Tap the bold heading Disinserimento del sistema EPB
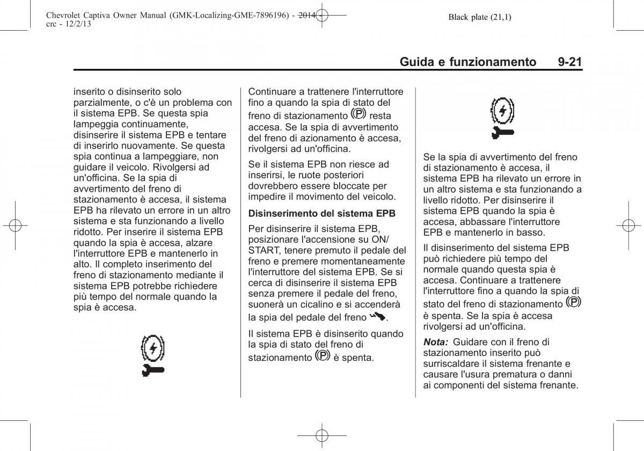[x=322, y=213]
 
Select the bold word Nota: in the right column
[x=436, y=342]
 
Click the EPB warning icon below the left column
[x=153, y=355]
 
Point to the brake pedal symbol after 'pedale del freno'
[x=377, y=317]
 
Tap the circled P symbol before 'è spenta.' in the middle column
[x=323, y=355]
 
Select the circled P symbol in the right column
[x=573, y=302]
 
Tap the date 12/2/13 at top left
[x=69, y=25]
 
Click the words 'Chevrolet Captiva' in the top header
[x=71, y=17]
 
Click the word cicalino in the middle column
[x=317, y=304]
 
